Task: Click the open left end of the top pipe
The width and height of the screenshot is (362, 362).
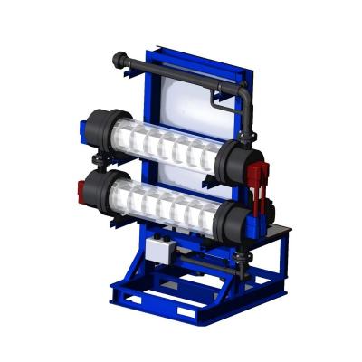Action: coord(118,61)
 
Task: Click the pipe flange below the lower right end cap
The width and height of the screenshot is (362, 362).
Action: coord(240,262)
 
